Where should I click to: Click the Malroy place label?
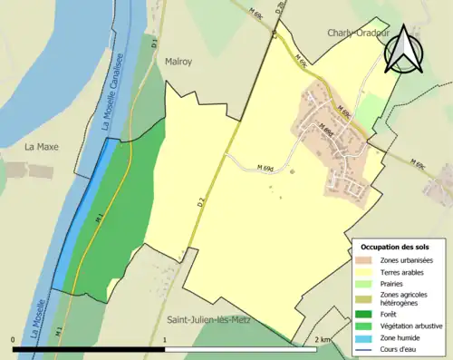[x=178, y=63]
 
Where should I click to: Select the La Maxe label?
[x=41, y=146]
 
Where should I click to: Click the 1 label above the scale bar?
[x=164, y=339]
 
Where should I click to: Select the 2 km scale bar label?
[x=322, y=339]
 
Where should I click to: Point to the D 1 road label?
[x=155, y=43]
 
